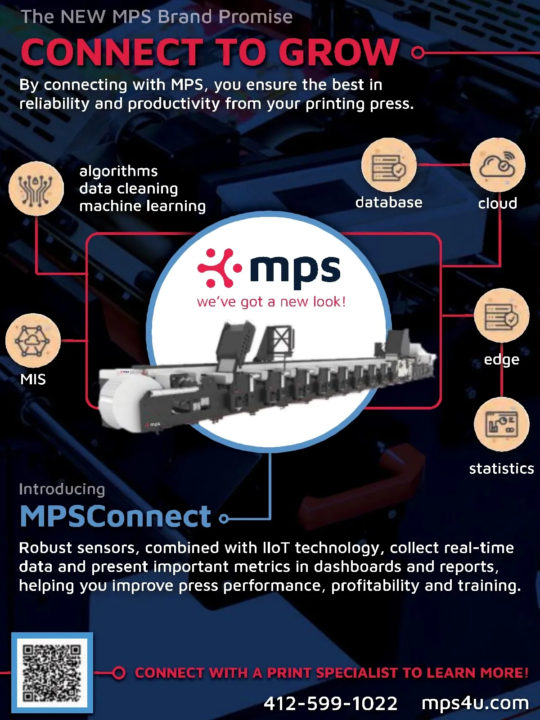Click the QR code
pos(52,673)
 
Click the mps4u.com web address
pos(475,703)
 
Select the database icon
pos(389,165)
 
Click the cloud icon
pos(497,165)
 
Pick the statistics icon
pos(501,424)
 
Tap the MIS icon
pos(33,341)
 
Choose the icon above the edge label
pos(501,315)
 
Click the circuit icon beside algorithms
pos(36,188)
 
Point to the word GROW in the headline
pos(339,52)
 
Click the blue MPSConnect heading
pos(116,516)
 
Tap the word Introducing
pos(62,489)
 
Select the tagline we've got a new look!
pos(271,301)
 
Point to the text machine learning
pos(143,206)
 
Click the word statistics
pos(501,468)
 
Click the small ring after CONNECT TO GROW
pos(418,53)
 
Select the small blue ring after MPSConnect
pos(224,519)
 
